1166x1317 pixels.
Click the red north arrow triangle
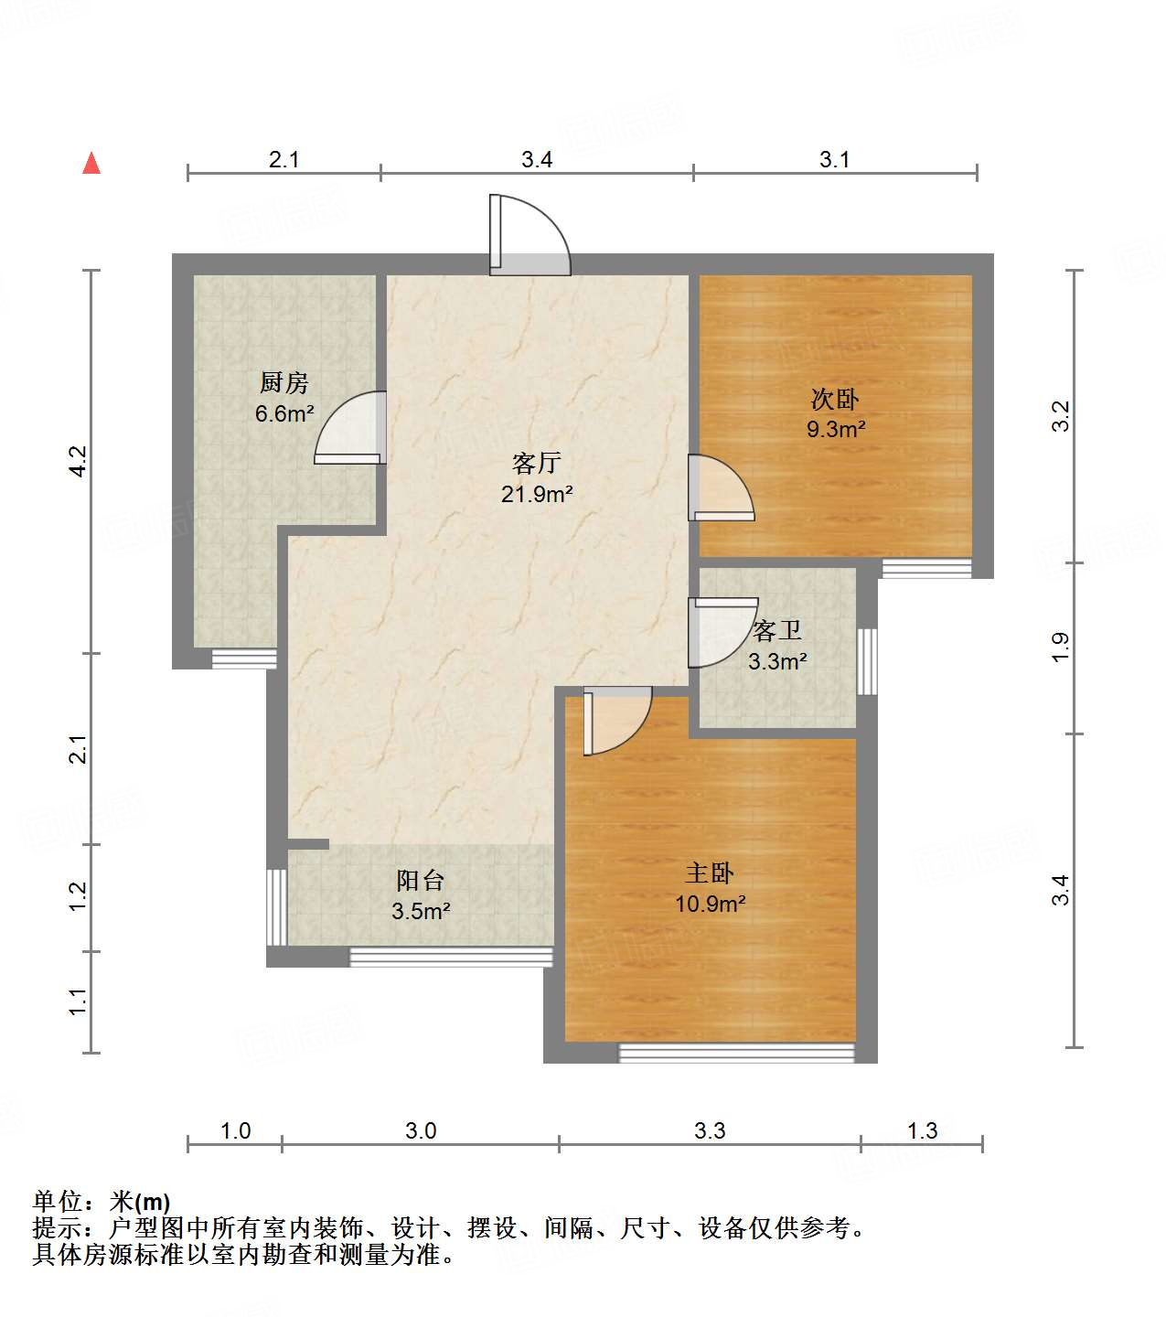click(x=91, y=164)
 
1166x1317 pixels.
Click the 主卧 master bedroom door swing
click(x=615, y=720)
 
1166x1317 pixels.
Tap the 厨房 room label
click(x=284, y=383)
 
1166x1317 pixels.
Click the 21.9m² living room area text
click(x=537, y=495)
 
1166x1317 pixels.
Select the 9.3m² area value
click(x=836, y=429)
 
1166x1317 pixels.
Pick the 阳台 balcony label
click(x=421, y=881)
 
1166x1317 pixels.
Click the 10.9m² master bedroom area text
click(x=711, y=905)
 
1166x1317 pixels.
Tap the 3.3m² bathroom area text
click(x=777, y=661)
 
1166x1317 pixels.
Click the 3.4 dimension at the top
click(x=537, y=160)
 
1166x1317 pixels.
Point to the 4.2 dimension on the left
click(x=79, y=460)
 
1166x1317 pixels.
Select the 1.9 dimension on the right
click(x=1059, y=648)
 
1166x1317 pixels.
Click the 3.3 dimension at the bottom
click(x=710, y=1131)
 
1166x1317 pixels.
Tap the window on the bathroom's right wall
click(x=867, y=661)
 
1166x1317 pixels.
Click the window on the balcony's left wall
click(x=276, y=906)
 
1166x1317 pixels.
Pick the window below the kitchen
click(x=244, y=658)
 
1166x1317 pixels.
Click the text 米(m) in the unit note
click(x=140, y=1202)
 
